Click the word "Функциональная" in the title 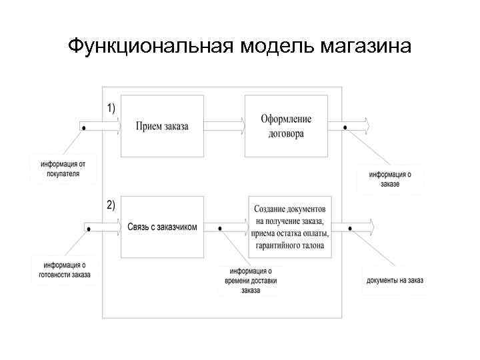coord(151,47)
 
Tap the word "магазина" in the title coord(366,47)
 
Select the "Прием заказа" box coord(162,126)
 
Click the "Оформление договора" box coord(287,126)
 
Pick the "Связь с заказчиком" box coord(162,227)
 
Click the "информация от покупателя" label coord(63,169)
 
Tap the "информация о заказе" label coord(391,179)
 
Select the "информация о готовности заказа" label coord(63,269)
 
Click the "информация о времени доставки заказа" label coord(251,280)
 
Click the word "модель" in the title coord(277,47)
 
